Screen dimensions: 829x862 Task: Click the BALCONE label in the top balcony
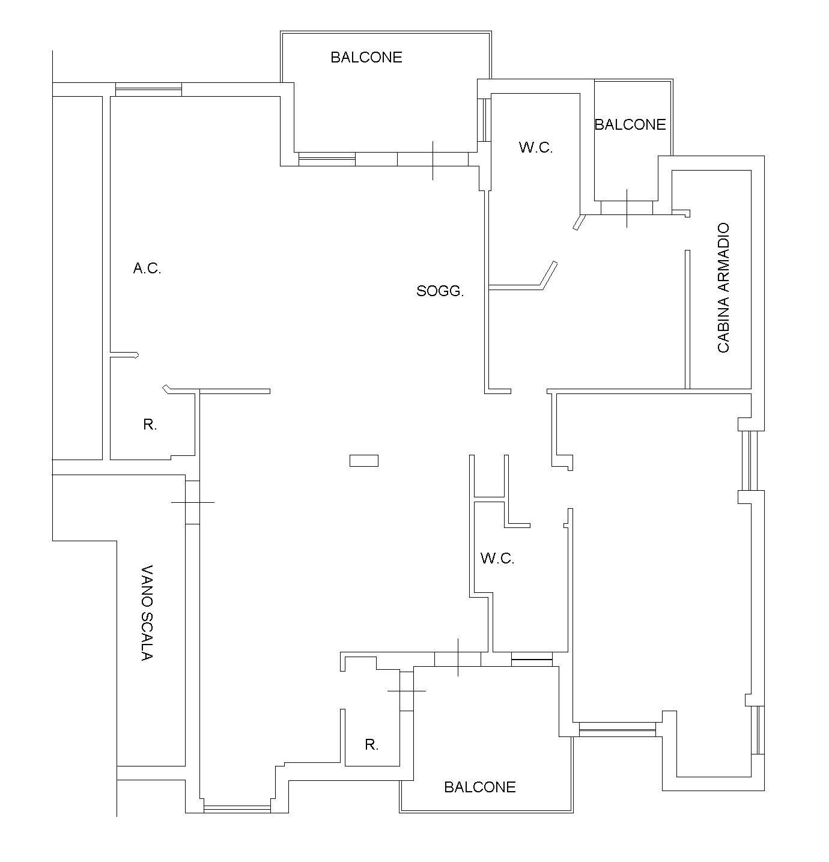[x=366, y=58]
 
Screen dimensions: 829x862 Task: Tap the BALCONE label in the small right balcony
[x=630, y=125]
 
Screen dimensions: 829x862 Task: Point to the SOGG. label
[x=440, y=291]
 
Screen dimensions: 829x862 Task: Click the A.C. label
[x=147, y=269]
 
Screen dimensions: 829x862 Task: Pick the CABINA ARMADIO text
[x=723, y=288]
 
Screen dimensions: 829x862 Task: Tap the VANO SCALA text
[x=147, y=613]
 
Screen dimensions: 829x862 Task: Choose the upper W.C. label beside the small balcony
[x=536, y=148]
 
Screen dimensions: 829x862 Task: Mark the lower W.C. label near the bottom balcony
[x=497, y=559]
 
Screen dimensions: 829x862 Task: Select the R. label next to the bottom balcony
[x=371, y=745]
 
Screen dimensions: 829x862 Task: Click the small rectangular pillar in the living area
[x=364, y=461]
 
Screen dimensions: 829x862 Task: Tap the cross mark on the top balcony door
[x=433, y=161]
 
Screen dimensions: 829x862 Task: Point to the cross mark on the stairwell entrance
[x=193, y=502]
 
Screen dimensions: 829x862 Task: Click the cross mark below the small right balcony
[x=627, y=208]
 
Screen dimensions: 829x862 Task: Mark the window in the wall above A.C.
[x=148, y=90]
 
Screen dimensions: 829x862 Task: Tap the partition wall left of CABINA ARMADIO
[x=688, y=320]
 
